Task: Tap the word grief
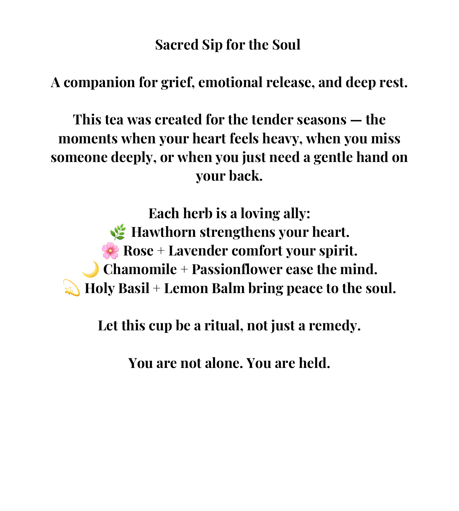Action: click(177, 83)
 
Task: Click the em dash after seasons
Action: click(356, 120)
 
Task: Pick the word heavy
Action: click(282, 139)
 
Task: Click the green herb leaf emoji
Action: click(118, 232)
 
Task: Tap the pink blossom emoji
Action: click(110, 251)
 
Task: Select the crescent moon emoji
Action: click(91, 269)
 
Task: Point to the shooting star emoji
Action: click(72, 288)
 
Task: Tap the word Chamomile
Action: click(140, 269)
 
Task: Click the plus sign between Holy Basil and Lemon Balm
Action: click(157, 288)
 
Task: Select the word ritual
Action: click(223, 325)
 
